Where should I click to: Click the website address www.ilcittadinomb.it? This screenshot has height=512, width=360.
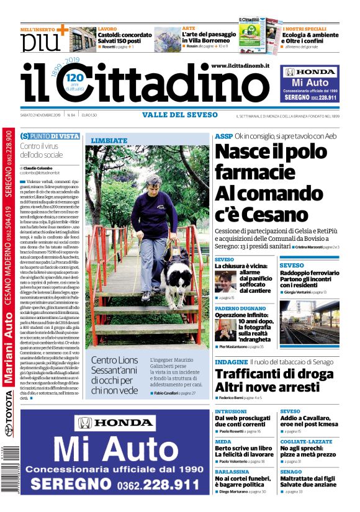point(240,66)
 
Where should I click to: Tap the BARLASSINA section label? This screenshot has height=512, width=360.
point(232,471)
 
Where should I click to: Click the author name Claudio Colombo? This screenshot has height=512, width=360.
point(40,168)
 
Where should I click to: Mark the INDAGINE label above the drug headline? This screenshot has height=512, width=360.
point(231,361)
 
